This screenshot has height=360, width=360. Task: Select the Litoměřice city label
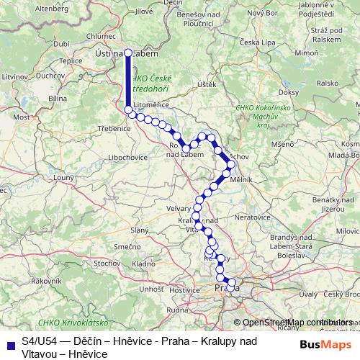150,104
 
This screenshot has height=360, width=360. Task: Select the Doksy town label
287,92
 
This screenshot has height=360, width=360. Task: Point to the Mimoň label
307,53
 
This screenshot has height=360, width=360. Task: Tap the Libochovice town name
129,156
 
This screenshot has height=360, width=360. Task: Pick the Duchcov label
50,74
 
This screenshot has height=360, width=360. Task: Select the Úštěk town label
207,85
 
